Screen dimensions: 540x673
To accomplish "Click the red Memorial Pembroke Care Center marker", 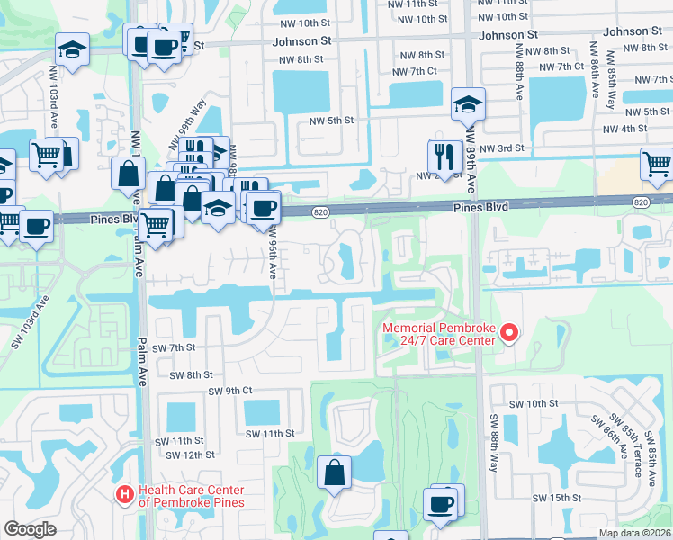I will [x=509, y=333].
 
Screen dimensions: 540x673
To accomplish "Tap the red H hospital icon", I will [x=126, y=494].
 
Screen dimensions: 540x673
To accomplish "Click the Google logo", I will [x=30, y=529].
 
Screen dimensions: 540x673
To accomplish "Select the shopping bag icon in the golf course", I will [x=334, y=472].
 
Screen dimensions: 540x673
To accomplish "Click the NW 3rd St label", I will [x=499, y=148].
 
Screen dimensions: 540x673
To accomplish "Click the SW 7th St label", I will [x=174, y=347].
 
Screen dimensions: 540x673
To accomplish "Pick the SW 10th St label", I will [x=537, y=404].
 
